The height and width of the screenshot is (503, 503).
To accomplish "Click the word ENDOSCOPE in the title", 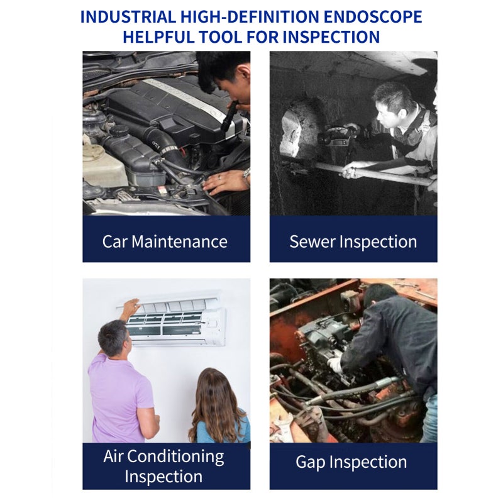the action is pos(372,17).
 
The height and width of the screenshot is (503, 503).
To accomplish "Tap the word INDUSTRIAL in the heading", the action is pos(128,17).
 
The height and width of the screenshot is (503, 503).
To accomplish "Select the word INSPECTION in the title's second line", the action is pos(331,36).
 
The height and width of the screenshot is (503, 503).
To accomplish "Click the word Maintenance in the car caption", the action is pos(179,241).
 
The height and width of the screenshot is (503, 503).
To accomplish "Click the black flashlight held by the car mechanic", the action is pos(228,116).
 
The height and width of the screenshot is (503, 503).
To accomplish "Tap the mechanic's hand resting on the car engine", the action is pos(222,182).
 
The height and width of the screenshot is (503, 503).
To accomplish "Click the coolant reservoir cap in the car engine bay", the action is pos(119,130).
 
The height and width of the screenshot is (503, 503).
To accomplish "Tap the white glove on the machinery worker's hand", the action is pos(334,365).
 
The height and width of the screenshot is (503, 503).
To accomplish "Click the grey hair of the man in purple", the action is pos(113,337).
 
